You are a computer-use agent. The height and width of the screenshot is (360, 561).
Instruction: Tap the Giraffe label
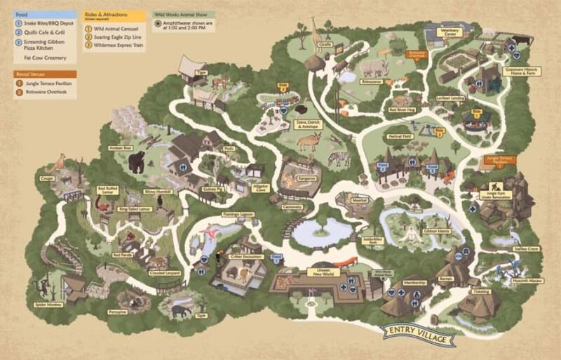[x=325, y=44]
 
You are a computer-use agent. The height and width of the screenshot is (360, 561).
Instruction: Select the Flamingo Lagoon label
[x=238, y=213]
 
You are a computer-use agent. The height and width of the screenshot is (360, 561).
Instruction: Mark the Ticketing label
[x=482, y=290]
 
